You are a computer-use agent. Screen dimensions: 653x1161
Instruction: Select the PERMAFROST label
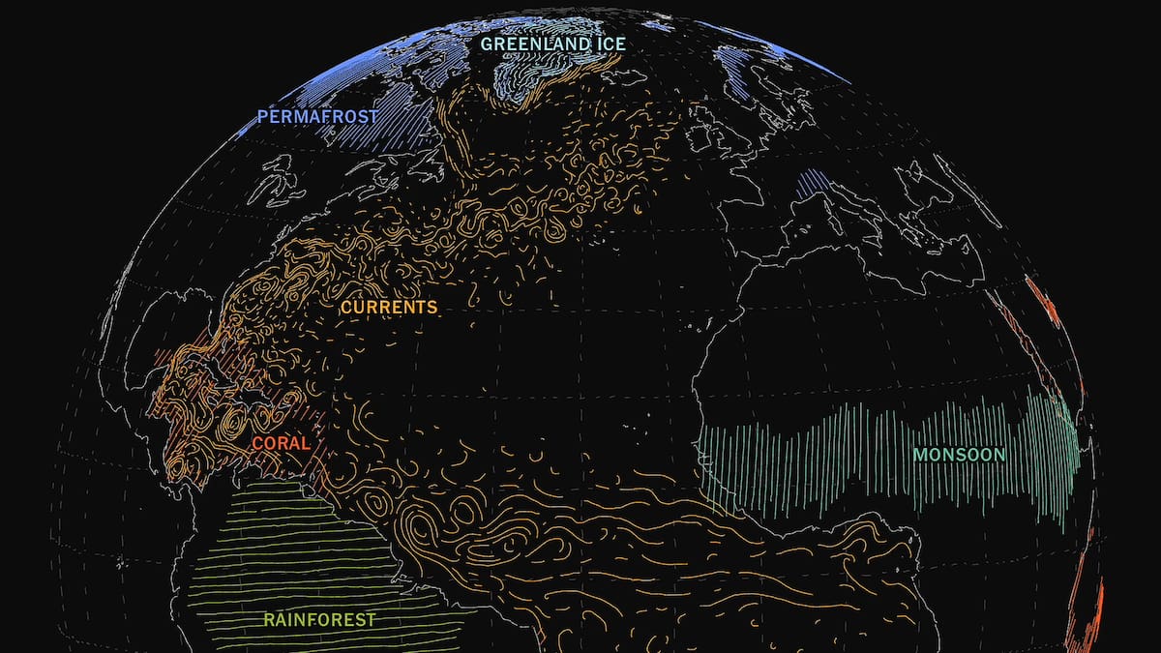click(x=309, y=117)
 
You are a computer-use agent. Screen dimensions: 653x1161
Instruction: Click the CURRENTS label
click(x=389, y=308)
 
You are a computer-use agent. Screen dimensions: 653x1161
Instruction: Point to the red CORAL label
click(x=281, y=444)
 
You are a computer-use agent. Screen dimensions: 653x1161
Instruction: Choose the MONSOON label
click(x=959, y=455)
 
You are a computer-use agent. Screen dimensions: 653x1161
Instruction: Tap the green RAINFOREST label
click(x=319, y=620)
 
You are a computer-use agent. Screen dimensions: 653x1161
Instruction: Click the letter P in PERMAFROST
click(x=262, y=118)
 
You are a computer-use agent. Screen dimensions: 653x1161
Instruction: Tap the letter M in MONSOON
click(x=920, y=455)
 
